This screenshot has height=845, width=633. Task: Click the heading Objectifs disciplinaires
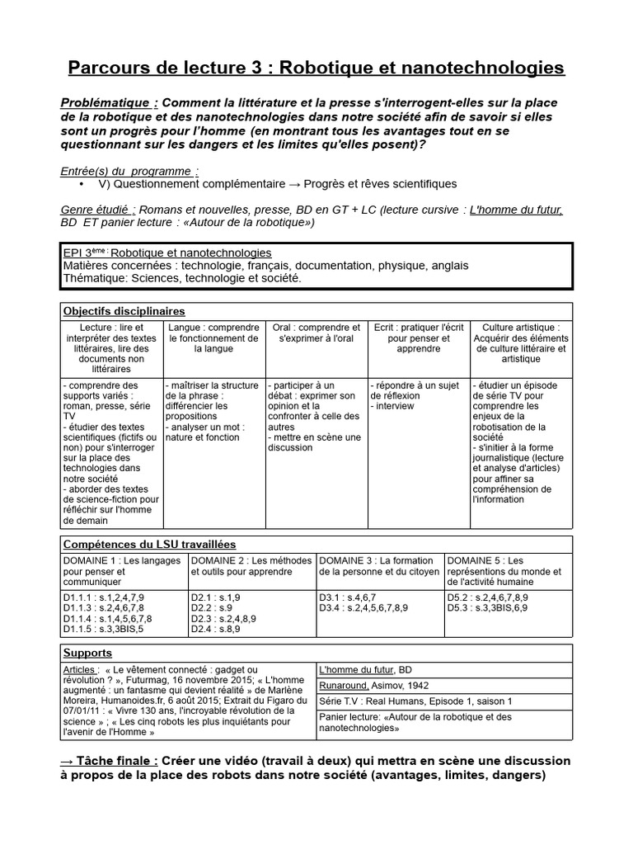click(x=124, y=311)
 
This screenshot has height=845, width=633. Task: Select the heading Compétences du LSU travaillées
click(x=149, y=544)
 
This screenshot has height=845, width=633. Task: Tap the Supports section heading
click(x=87, y=653)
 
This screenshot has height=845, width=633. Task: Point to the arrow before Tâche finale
click(x=72, y=760)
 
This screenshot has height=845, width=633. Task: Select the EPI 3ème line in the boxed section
click(x=167, y=253)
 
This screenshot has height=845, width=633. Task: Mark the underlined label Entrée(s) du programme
click(x=129, y=171)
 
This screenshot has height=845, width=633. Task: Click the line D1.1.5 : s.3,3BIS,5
click(x=103, y=629)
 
